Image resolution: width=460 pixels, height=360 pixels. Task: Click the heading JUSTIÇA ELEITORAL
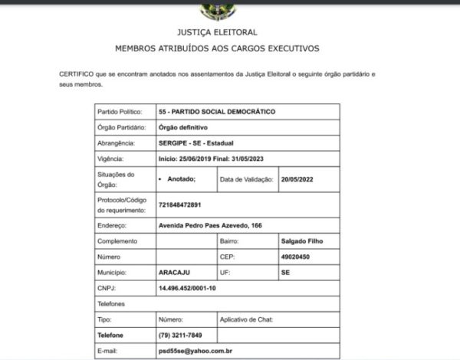click(217, 33)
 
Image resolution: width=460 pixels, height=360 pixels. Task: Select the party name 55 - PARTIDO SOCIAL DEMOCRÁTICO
click(215, 112)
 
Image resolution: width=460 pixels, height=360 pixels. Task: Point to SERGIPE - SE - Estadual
click(195, 143)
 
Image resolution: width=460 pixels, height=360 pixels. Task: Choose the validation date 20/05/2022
click(297, 179)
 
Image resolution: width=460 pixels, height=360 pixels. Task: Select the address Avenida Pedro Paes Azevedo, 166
click(210, 226)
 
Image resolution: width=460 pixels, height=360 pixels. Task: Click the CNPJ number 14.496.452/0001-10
click(187, 288)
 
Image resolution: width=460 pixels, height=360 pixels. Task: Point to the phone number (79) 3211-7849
click(181, 335)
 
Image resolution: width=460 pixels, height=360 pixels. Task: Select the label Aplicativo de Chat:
click(246, 319)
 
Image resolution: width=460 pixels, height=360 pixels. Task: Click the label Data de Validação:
click(247, 179)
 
